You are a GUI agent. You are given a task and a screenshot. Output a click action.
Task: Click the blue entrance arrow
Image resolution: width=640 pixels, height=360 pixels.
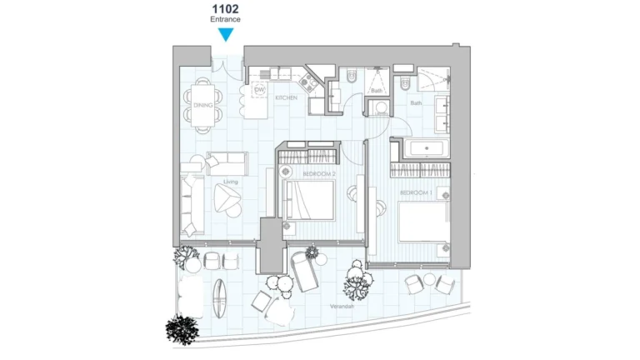coord(226,34)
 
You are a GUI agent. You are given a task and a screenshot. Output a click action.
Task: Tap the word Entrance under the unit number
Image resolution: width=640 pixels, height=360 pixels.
coord(225,20)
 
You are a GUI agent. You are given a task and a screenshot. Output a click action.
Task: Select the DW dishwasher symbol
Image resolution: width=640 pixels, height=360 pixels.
coord(259,90)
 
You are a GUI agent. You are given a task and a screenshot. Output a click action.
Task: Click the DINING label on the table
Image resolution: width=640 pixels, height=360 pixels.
coord(203,105)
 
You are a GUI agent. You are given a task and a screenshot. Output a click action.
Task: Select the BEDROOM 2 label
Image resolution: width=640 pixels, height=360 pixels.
coord(319,173)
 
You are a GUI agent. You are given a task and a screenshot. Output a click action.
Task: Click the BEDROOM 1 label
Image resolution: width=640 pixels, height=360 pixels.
coord(414,192)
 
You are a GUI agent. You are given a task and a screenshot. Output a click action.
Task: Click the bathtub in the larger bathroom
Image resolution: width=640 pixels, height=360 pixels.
coord(427,150)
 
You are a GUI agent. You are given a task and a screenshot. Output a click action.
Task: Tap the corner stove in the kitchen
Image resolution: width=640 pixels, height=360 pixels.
coord(308,81)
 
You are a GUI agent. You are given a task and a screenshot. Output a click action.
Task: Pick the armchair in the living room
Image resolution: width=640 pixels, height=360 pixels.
coord(226,197)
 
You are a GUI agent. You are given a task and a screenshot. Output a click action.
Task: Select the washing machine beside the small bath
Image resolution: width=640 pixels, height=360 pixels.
coord(379,107)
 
